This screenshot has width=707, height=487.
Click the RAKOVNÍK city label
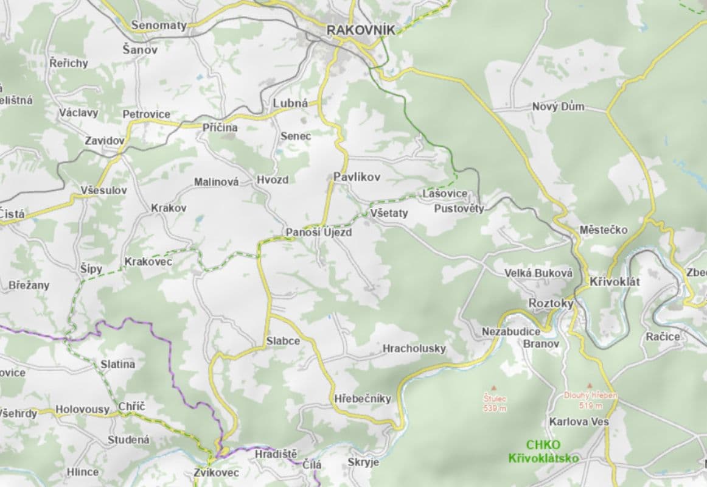coord(360,29)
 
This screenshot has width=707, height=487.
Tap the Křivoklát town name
coord(615,282)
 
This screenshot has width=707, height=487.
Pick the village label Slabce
coord(283,341)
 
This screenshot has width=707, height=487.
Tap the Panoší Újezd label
coord(319,233)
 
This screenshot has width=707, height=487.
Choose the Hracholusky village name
coord(414,349)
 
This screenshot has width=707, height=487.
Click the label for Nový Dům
coord(558,107)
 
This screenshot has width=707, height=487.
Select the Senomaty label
coord(159,26)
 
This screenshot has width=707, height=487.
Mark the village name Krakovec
coord(148,262)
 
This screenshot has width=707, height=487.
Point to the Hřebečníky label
coord(363,399)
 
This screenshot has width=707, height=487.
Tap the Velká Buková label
coord(538,273)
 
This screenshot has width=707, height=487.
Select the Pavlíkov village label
coord(357,177)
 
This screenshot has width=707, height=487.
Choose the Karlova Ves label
coord(579,421)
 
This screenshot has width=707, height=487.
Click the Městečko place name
coord(603,229)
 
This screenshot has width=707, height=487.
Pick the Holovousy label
coord(82,410)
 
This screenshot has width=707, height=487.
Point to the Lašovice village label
coord(445,194)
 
